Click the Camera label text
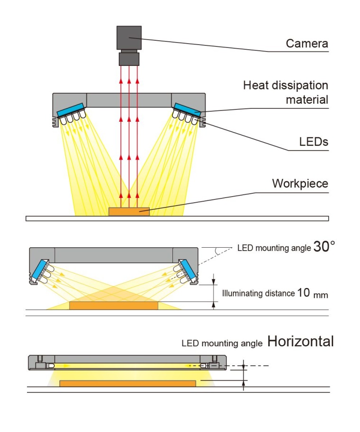[307, 44]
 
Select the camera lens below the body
[129, 59]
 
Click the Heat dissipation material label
[286, 92]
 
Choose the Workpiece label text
[300, 184]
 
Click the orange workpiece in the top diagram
[129, 212]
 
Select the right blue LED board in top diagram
[188, 108]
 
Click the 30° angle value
[324, 246]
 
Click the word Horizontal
[300, 341]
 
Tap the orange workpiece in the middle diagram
[114, 306]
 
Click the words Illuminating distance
[258, 294]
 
